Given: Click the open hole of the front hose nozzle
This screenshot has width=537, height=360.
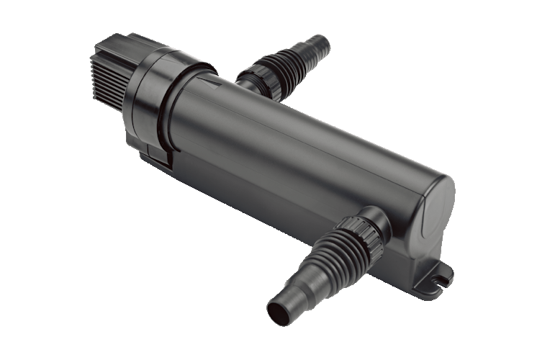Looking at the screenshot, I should coord(277,312).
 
